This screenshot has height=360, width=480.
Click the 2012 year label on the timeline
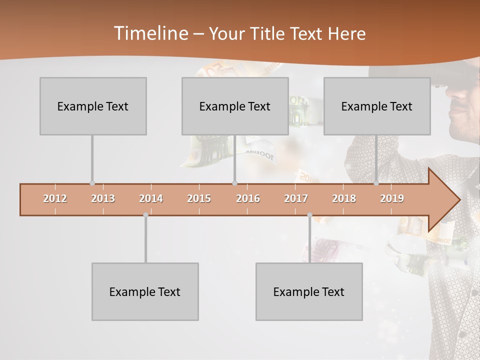(x=55, y=198)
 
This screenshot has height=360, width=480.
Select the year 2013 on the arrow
(x=103, y=198)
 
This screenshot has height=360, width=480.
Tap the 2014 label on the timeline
(x=151, y=198)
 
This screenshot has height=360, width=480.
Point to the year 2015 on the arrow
(x=199, y=198)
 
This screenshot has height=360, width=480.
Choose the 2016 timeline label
(x=248, y=198)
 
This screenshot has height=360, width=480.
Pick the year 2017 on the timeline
(x=296, y=198)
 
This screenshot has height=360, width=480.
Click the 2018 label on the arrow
(x=344, y=198)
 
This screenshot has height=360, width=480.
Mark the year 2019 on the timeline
(x=392, y=198)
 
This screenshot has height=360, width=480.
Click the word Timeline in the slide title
(x=150, y=33)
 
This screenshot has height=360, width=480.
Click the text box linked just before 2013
(x=93, y=106)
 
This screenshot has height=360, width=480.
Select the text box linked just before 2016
(x=235, y=106)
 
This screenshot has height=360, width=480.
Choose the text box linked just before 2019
(x=377, y=106)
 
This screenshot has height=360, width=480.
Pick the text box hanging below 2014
(x=145, y=291)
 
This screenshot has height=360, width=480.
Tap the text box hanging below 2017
(x=309, y=291)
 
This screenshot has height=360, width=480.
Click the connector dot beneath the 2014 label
(x=145, y=215)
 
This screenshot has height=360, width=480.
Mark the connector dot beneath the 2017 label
(x=309, y=215)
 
